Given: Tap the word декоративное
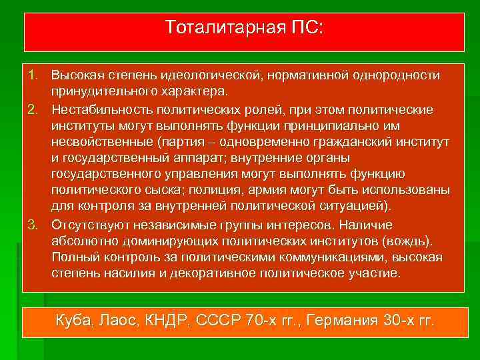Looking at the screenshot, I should [203, 273].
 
